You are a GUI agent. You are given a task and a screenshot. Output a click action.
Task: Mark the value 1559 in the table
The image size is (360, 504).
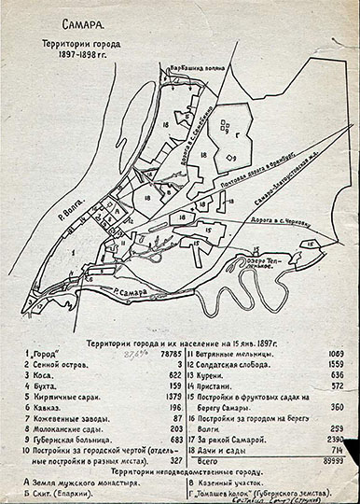click(x=333, y=367)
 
